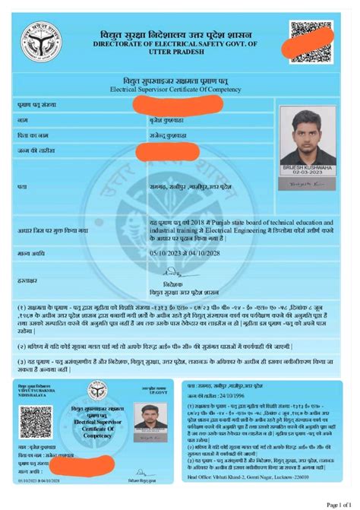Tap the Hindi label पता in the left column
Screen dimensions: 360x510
pyautogui.click(x=22, y=185)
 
